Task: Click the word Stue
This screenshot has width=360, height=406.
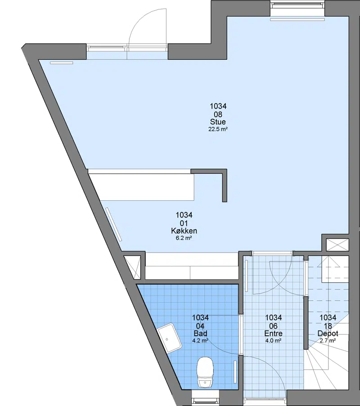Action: (x=218, y=122)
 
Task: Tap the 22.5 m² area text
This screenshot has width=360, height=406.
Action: (x=218, y=129)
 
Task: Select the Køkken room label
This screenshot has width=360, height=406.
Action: (x=184, y=231)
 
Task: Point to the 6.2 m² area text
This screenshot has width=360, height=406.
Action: (x=184, y=238)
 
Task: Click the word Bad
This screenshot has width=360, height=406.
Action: (x=200, y=333)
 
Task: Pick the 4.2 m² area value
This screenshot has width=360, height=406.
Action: (x=200, y=340)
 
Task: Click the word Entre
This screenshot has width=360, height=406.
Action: (x=273, y=333)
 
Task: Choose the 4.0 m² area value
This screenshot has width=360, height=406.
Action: (x=273, y=340)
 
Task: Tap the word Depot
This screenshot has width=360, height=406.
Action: (x=328, y=333)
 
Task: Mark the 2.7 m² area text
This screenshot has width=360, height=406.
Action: (x=328, y=340)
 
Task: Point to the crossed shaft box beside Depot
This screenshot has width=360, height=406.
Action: (x=337, y=245)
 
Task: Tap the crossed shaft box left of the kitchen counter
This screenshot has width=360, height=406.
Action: (x=132, y=267)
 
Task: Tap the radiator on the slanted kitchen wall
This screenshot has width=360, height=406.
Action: (x=113, y=224)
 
